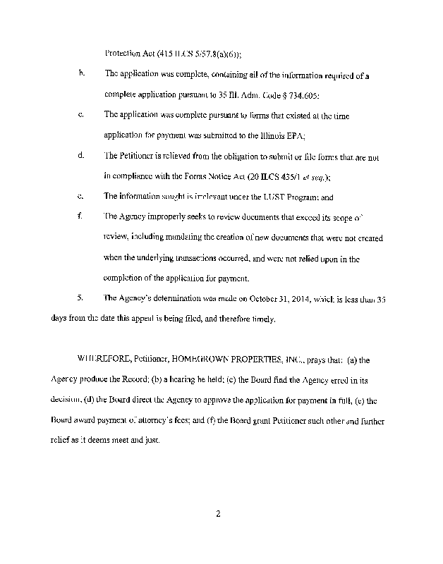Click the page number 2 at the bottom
(219, 513)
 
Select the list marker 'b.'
(82, 73)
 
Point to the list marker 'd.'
(82, 155)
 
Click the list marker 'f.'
(82, 216)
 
